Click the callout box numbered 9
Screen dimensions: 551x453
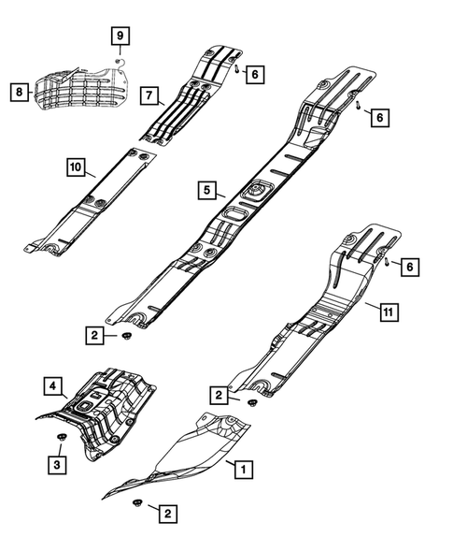[x=120, y=37]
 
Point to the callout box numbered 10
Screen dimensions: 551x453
[x=77, y=167]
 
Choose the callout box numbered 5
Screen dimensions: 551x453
[x=206, y=190]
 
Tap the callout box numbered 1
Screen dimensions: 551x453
[x=242, y=468]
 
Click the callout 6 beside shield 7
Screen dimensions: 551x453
[x=256, y=72]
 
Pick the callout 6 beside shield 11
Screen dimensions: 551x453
[x=409, y=268]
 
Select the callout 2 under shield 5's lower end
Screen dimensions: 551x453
[x=95, y=334]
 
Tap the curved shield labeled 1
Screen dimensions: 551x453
[x=187, y=458]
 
